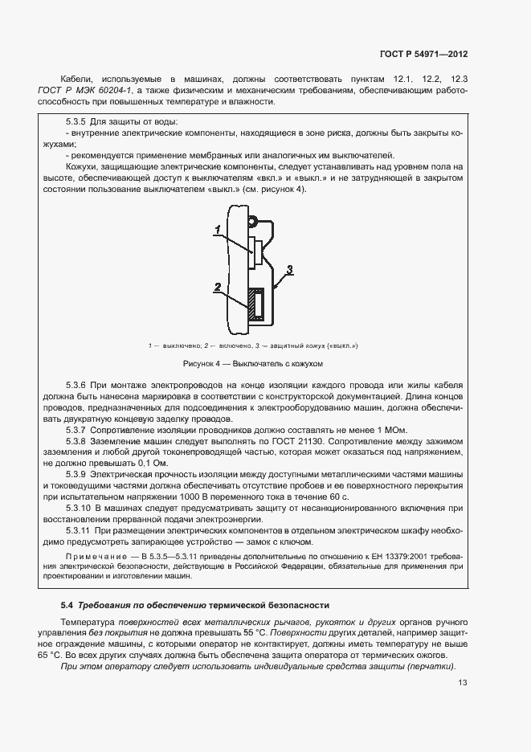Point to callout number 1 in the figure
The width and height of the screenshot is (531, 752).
[217, 230]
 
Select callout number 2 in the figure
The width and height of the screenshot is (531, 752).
[217, 286]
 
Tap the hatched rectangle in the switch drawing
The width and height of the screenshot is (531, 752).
[257, 305]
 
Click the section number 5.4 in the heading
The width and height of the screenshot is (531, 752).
[67, 604]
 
